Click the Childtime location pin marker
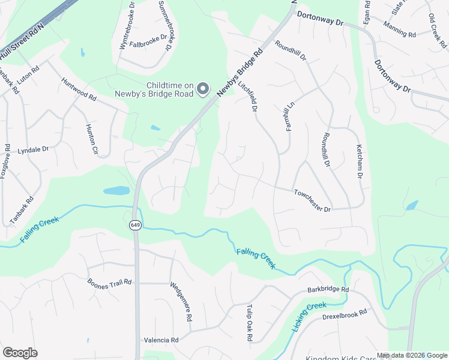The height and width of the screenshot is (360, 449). [203, 89]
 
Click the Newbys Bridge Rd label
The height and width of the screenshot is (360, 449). [240, 72]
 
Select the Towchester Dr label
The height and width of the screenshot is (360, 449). [312, 201]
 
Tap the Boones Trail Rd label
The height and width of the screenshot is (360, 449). [109, 283]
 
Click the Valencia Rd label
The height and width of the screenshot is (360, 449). [161, 340]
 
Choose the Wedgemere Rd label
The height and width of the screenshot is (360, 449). [181, 301]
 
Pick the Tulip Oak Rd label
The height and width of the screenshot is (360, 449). [249, 323]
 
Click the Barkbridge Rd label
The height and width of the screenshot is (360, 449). [328, 289]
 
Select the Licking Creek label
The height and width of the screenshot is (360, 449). [307, 315]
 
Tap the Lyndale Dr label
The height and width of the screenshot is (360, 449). [33, 149]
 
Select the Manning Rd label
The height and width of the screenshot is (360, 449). [399, 35]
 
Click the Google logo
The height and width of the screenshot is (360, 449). [20, 353]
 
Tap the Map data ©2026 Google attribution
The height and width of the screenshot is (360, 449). [411, 355]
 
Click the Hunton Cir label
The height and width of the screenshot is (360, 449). [92, 139]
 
